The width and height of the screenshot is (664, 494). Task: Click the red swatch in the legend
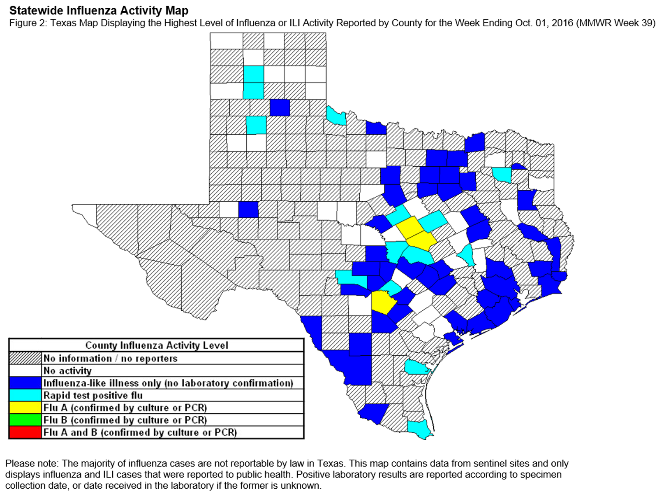click(x=25, y=432)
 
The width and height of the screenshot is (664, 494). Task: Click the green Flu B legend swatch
click(x=25, y=420)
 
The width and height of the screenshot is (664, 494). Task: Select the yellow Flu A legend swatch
click(x=25, y=408)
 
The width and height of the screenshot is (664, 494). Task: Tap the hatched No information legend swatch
click(x=25, y=358)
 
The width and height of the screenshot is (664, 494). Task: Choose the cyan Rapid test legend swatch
click(x=25, y=395)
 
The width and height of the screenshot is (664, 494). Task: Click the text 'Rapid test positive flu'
click(x=93, y=395)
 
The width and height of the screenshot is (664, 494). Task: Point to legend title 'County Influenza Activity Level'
click(x=156, y=345)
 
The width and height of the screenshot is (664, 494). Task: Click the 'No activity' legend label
click(x=67, y=370)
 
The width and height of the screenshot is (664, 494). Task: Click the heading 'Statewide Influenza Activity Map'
click(x=99, y=10)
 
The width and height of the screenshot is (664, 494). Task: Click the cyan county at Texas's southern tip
click(x=419, y=428)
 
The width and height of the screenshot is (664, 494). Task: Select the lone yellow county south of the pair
click(x=383, y=302)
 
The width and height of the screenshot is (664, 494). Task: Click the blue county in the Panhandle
click(x=280, y=107)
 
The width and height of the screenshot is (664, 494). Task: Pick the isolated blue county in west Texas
click(x=248, y=209)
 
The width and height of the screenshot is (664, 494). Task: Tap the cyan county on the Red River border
click(x=336, y=116)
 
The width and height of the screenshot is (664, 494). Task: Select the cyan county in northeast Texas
click(x=502, y=175)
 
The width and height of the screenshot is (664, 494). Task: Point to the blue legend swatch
click(x=25, y=383)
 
